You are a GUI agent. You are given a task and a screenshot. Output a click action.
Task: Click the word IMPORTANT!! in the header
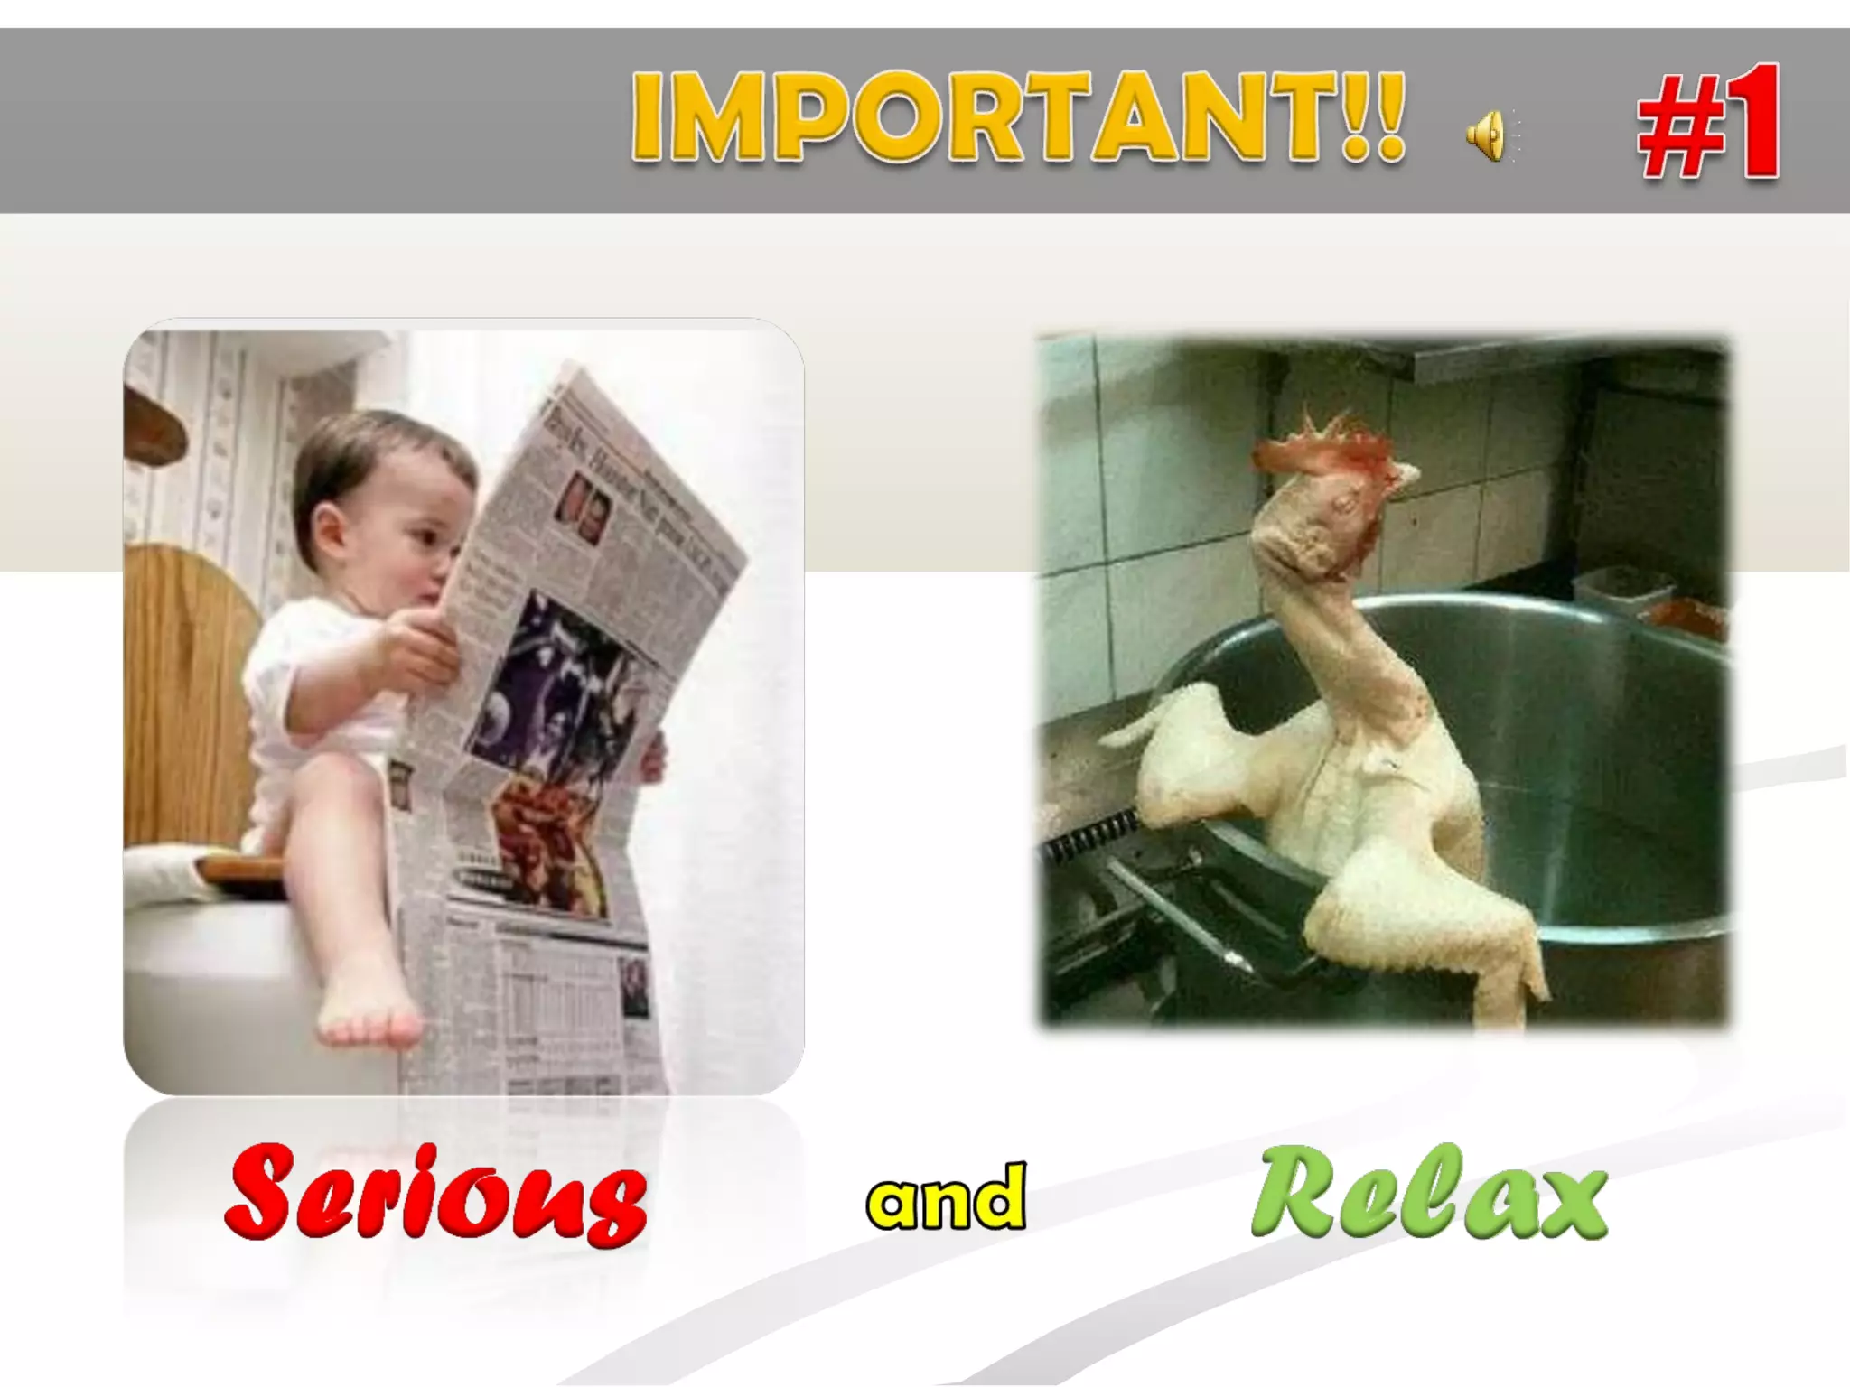pos(1017,118)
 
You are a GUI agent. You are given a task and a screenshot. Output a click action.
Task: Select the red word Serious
pos(436,1194)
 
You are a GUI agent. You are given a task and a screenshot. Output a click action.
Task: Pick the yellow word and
pos(946,1197)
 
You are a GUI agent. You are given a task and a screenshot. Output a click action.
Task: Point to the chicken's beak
pos(1405,479)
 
